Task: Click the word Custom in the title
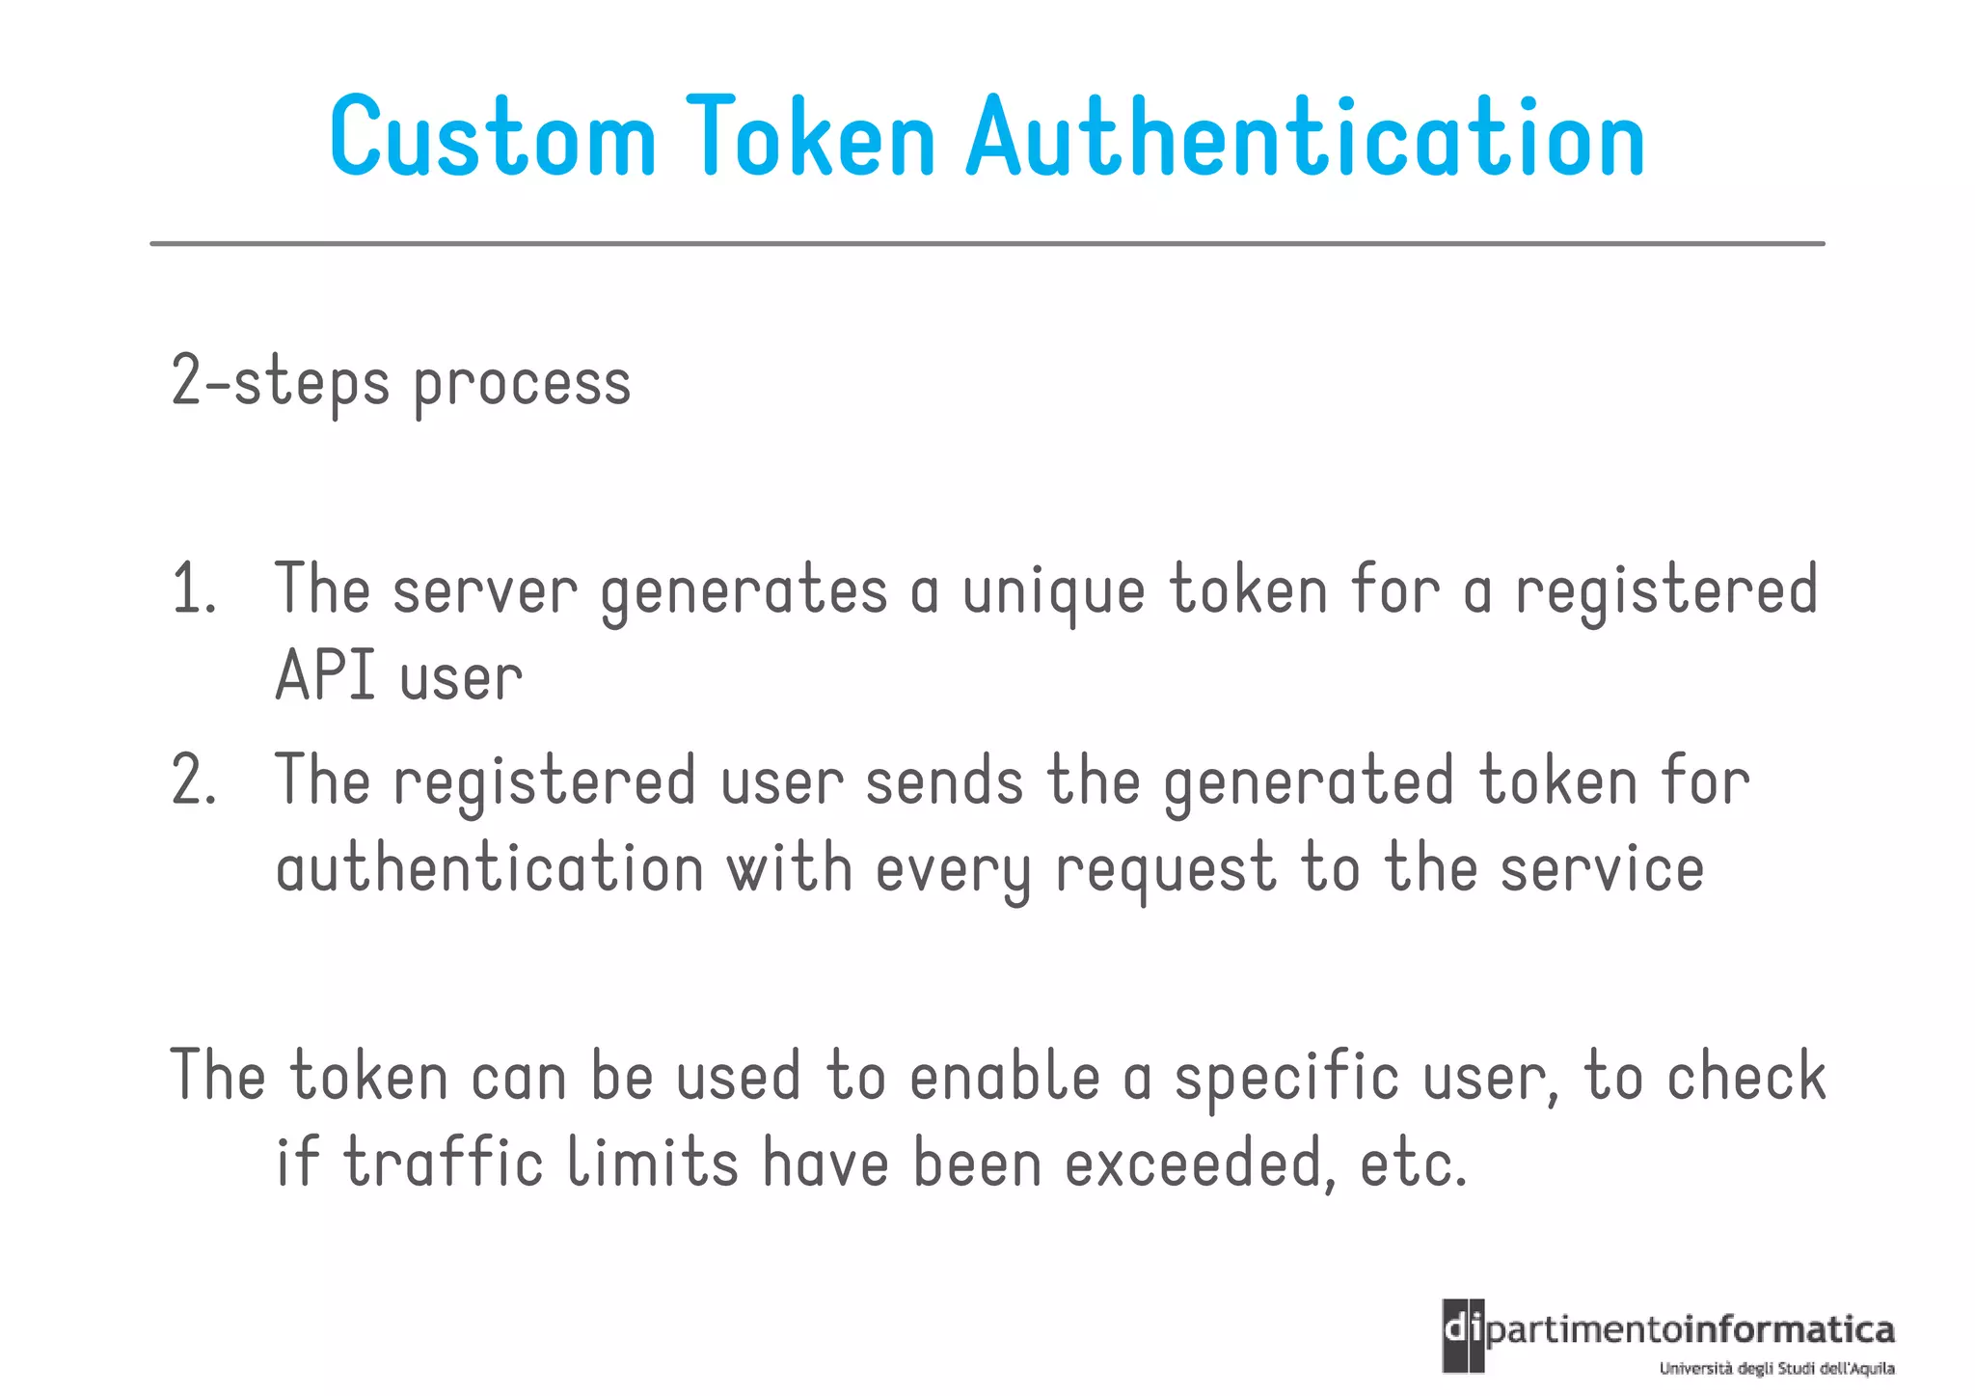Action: pos(493,137)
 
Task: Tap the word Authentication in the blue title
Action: pos(1306,137)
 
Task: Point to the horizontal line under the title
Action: pos(987,244)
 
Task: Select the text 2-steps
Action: pos(280,382)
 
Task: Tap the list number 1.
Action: pos(193,589)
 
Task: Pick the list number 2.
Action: pos(194,780)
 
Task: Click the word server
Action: pos(485,590)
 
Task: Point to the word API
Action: pos(325,676)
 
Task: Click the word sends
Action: pos(943,781)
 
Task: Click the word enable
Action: pos(1004,1077)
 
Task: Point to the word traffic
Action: pos(444,1163)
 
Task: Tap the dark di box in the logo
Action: pos(1463,1335)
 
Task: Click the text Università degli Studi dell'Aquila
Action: pos(1776,1369)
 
